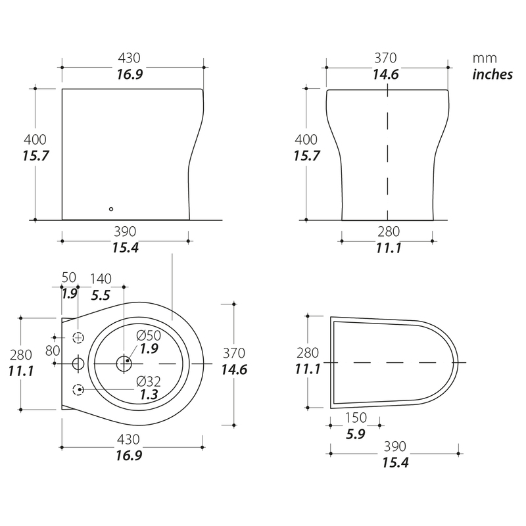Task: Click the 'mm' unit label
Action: coord(485,59)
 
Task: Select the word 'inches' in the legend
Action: coord(492,74)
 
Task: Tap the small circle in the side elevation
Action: coord(111,209)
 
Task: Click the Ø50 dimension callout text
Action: coord(149,335)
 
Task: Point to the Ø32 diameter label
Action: coord(149,381)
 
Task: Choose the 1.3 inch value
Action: coord(149,395)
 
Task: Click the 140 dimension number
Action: coord(101,279)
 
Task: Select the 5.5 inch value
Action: coord(101,295)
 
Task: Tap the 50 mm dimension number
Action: coord(69,277)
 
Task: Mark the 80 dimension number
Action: coord(53,350)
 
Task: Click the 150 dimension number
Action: coord(356,418)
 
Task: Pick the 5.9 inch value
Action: coord(356,434)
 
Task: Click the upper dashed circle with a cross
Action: coord(78,337)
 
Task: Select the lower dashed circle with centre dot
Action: coord(78,390)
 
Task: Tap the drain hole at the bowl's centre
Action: coord(124,364)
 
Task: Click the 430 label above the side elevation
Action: coord(129,58)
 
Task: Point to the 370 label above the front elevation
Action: coord(385,58)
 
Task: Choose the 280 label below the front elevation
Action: coord(389,231)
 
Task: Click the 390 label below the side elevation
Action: coord(125,231)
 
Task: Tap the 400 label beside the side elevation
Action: coord(35,139)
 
